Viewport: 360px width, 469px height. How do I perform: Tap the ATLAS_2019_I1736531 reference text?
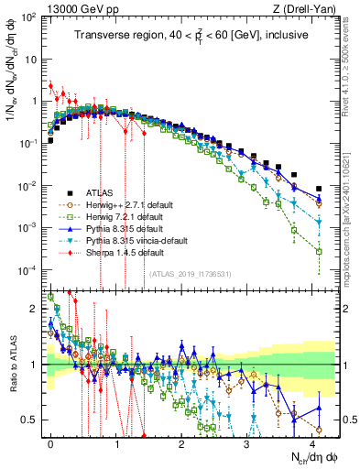pyautogui.click(x=189, y=274)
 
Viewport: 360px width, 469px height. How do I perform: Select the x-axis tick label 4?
pyautogui.click(x=312, y=441)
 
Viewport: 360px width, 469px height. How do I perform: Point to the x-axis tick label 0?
pyautogui.click(x=50, y=441)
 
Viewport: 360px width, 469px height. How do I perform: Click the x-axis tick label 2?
pyautogui.click(x=181, y=441)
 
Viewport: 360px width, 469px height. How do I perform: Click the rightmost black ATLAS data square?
pyautogui.click(x=319, y=189)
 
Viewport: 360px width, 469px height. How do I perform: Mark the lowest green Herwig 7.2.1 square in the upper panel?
pyautogui.click(x=319, y=251)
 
